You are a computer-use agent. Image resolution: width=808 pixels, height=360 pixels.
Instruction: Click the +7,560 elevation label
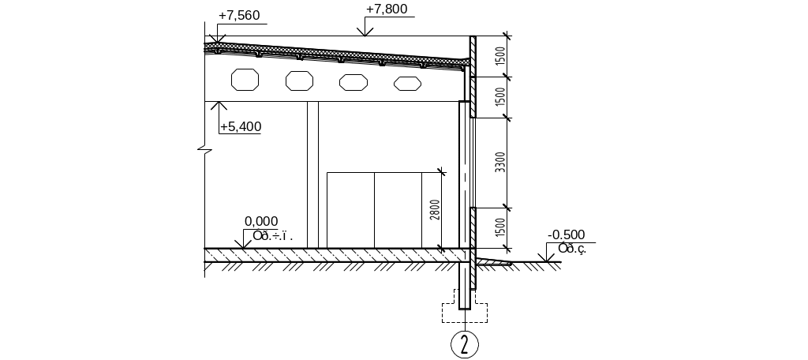tap(239, 16)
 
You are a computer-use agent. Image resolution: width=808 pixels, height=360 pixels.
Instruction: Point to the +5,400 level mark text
tap(241, 126)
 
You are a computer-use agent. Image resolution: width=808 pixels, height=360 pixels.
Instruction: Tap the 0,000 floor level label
tap(261, 222)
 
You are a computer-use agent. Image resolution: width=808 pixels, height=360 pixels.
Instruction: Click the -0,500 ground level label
tap(566, 234)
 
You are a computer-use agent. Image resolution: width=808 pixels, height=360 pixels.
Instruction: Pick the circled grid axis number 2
tap(465, 343)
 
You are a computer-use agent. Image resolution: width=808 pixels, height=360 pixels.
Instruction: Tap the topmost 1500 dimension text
tap(499, 56)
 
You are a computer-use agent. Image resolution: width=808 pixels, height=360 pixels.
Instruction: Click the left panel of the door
tap(350, 210)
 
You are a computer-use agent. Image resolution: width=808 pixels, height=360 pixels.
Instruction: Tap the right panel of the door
tap(398, 210)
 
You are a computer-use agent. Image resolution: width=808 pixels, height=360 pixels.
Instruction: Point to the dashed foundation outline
tap(464, 313)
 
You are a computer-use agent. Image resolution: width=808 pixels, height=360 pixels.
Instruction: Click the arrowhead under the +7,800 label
tap(365, 32)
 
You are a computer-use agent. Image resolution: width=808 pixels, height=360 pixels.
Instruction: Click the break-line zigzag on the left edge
tap(204, 149)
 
